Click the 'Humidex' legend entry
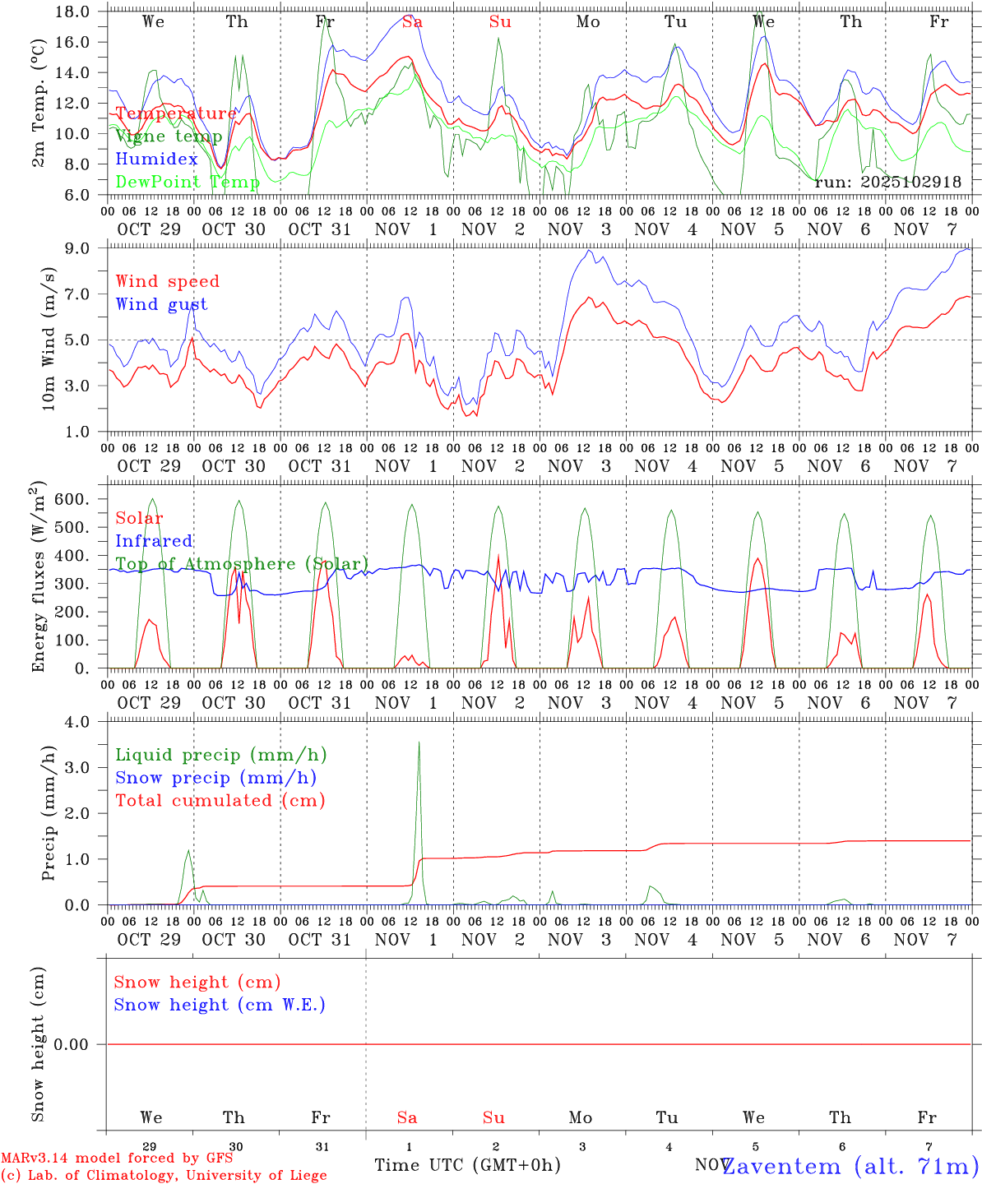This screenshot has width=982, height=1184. coord(156,159)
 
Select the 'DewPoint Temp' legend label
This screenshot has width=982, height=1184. coord(188,182)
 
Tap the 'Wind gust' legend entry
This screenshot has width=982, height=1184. coord(161,304)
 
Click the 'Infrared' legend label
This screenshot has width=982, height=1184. coord(154,541)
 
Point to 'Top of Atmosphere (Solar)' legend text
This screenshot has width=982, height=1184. coord(242,564)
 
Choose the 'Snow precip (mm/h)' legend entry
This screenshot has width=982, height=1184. coord(215,778)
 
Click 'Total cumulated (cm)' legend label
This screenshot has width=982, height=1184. coord(220,801)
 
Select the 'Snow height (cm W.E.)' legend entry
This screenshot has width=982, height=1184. coord(220,1005)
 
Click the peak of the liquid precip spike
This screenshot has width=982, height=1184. coord(419,742)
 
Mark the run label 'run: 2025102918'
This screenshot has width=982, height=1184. coord(887,182)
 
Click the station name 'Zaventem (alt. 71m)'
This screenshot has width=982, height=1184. coord(850,1166)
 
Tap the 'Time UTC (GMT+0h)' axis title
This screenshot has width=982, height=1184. coord(467,1165)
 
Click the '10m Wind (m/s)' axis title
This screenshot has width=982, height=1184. coord(49,339)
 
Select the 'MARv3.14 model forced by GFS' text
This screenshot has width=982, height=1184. coord(116,1158)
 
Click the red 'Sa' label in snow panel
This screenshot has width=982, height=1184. coord(407,1117)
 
